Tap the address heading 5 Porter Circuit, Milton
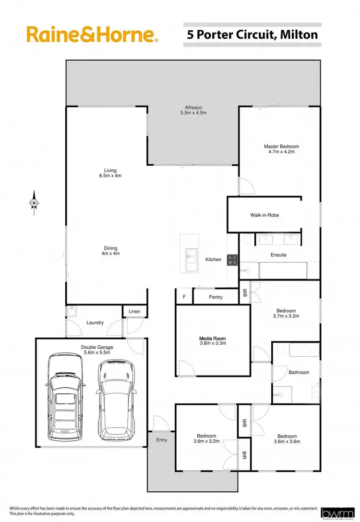[252, 35]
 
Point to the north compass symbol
[34, 204]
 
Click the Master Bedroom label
[281, 149]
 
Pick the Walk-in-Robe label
[264, 215]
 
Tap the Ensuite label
[279, 255]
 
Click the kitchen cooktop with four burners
[233, 260]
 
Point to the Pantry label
[216, 297]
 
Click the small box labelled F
[184, 297]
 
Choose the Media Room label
[213, 340]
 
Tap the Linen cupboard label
[134, 312]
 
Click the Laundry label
[95, 323]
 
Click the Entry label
[162, 439]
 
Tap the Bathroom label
[299, 372]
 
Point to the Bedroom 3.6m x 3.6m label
[287, 439]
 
